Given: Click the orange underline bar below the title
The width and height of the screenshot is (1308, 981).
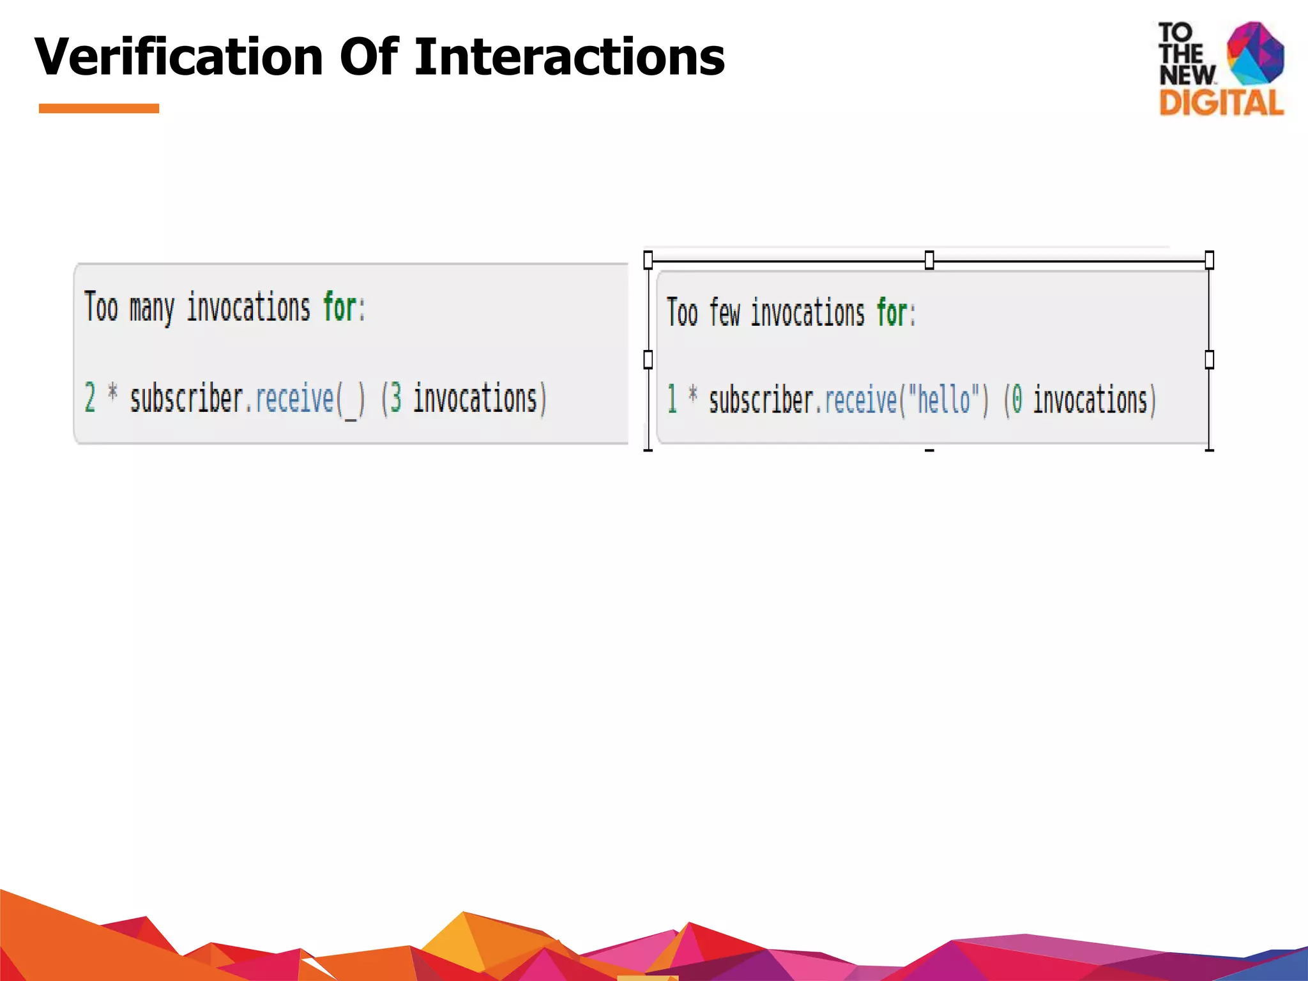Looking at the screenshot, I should [x=99, y=109].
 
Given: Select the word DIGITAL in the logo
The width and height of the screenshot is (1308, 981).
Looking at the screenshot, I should [x=1221, y=103].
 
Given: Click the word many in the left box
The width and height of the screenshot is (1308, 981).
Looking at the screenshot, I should [x=151, y=308].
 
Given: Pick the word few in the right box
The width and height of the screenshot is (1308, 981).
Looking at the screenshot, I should [x=724, y=313].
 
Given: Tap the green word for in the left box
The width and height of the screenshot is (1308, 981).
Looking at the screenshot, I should [x=340, y=307].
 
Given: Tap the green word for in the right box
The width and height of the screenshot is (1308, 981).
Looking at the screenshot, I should [x=892, y=313].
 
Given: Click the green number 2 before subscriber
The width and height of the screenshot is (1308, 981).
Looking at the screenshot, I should [x=90, y=397].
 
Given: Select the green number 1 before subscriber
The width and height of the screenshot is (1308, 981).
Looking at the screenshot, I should [x=672, y=399].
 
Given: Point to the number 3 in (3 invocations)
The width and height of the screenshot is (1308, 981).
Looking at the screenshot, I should [x=396, y=399].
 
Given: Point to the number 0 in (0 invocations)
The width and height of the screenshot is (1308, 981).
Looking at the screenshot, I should [x=1017, y=400].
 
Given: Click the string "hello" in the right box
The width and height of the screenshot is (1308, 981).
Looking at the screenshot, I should [x=944, y=400].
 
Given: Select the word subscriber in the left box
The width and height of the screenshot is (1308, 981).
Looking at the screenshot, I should [x=186, y=399].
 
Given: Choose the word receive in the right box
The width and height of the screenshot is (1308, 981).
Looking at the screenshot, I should [x=861, y=400].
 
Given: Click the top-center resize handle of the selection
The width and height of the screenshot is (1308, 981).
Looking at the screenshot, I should [x=929, y=260].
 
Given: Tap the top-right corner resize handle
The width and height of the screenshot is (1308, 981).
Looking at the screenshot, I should [x=1209, y=260].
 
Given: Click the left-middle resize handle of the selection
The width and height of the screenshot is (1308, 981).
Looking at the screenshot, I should [x=648, y=360].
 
